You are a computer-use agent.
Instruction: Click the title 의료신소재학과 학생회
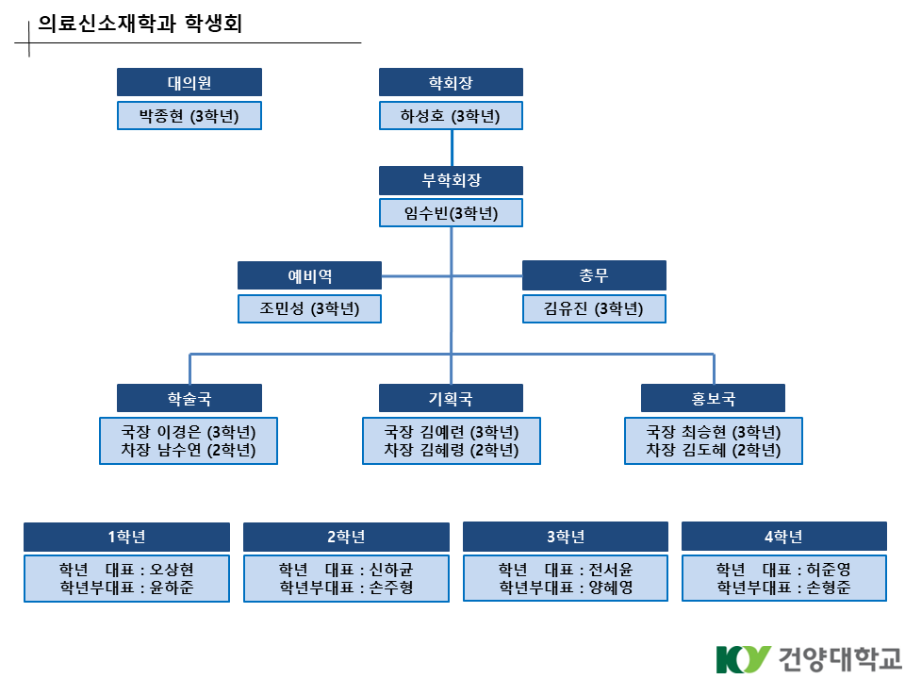(x=140, y=25)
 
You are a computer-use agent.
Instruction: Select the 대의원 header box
(x=189, y=82)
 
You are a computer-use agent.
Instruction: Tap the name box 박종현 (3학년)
(x=189, y=116)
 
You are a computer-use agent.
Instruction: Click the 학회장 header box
(x=451, y=82)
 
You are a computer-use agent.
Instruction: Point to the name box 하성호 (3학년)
(x=451, y=116)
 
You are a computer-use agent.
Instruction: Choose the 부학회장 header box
(x=451, y=180)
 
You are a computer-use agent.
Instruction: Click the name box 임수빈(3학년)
(x=451, y=213)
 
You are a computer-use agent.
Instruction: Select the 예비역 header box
(x=309, y=275)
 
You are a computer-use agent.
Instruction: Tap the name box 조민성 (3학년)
(x=309, y=308)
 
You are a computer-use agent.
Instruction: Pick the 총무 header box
(x=594, y=275)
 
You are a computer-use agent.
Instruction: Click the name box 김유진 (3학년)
(x=594, y=308)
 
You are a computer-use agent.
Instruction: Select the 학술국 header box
(x=189, y=398)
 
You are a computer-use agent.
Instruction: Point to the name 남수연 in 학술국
(x=182, y=451)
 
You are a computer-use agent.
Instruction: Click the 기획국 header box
(x=451, y=398)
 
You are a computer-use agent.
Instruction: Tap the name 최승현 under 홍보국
(x=706, y=432)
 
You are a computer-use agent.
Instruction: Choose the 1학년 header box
(x=126, y=537)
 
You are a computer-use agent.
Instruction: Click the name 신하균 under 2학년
(x=391, y=570)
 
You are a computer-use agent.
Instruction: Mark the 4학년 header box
(x=783, y=537)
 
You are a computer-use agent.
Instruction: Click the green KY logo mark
(x=743, y=658)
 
